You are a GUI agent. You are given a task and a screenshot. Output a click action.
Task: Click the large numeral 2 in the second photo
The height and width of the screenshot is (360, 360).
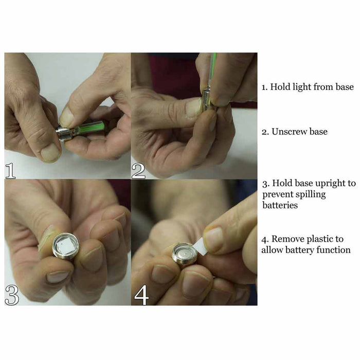138,171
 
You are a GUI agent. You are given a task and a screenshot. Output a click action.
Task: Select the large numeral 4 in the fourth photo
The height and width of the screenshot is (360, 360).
141,296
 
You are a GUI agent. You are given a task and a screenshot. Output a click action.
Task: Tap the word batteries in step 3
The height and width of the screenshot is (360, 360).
280,205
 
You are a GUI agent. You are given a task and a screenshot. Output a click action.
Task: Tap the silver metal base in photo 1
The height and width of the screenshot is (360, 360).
63,134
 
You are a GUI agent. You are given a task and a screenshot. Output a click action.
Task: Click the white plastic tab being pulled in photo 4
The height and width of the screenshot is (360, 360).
200,247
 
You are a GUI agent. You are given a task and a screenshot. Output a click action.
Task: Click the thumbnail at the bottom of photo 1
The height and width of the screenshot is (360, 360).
50,152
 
